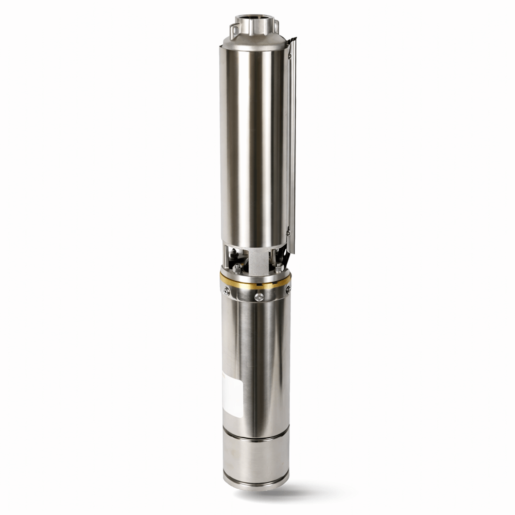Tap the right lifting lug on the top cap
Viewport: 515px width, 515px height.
[276, 24]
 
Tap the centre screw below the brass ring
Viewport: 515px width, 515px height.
[259, 297]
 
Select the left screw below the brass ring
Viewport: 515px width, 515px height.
[226, 291]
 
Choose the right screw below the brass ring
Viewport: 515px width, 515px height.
[287, 289]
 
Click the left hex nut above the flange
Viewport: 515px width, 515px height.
[237, 268]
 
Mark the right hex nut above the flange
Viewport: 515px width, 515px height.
[279, 267]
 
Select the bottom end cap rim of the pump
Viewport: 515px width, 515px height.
[256, 483]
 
